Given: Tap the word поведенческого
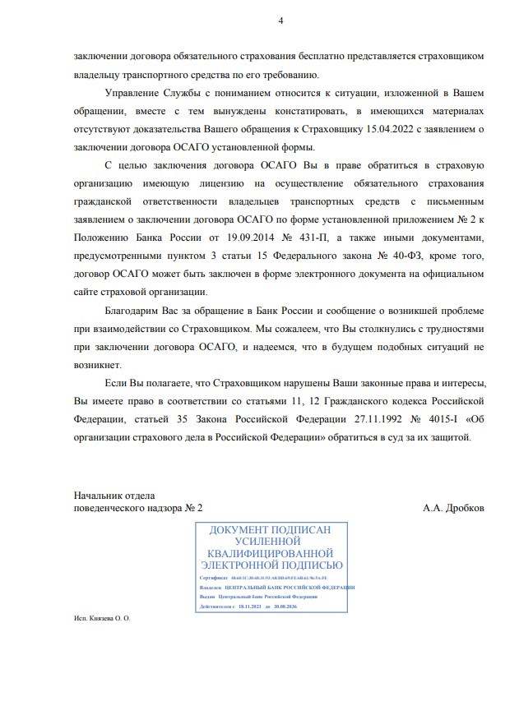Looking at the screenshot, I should pyautogui.click(x=110, y=509).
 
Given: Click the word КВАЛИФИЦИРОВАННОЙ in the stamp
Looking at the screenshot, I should pyautogui.click(x=271, y=554).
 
